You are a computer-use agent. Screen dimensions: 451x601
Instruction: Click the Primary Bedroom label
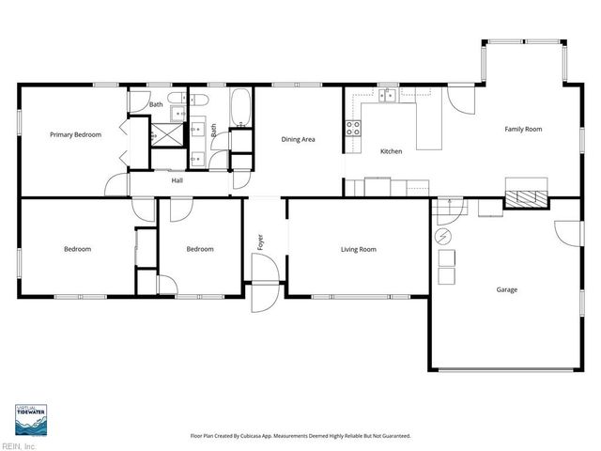[x=75, y=135]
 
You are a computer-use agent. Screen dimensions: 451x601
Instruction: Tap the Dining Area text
[x=298, y=140]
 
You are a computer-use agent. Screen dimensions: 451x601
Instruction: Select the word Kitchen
[x=391, y=151]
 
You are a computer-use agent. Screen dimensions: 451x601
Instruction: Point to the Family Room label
[x=523, y=129]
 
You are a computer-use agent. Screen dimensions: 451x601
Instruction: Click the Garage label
[x=506, y=289]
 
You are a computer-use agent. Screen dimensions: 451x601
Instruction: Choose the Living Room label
[x=358, y=249]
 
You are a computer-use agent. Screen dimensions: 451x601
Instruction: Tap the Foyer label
[x=261, y=242]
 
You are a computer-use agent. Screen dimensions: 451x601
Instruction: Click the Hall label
[x=177, y=180]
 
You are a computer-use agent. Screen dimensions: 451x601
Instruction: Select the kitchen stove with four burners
[x=354, y=129]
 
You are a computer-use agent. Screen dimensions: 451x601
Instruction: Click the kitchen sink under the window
[x=387, y=95]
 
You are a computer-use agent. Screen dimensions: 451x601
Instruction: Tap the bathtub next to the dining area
[x=240, y=108]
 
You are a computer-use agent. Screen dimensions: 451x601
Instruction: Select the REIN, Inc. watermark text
[x=19, y=445]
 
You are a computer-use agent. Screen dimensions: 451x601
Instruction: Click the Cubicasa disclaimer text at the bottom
[x=300, y=436]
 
